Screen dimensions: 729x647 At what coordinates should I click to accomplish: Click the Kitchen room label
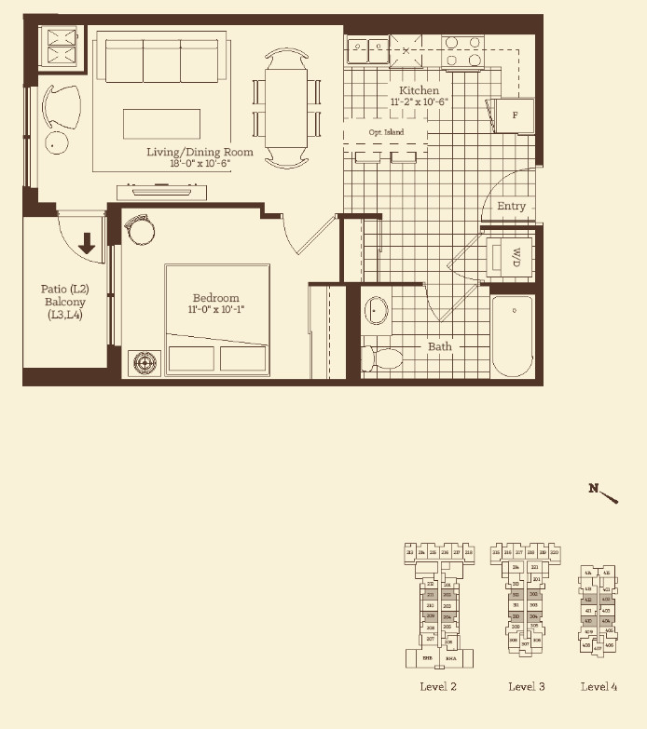tap(419, 91)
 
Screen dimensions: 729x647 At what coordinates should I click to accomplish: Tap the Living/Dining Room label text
tap(200, 152)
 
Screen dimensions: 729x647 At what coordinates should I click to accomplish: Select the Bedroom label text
tap(215, 298)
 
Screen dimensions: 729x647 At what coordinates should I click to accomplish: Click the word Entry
tap(510, 206)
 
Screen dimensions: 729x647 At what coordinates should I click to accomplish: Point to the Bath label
tap(440, 346)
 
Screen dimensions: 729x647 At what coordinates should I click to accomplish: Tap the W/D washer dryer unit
tap(511, 256)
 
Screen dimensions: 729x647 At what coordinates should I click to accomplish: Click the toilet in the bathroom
tap(383, 358)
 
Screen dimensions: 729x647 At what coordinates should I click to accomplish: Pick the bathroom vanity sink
tap(377, 310)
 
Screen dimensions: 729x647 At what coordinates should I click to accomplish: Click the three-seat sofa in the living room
tap(161, 61)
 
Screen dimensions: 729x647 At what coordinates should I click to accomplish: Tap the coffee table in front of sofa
tap(162, 124)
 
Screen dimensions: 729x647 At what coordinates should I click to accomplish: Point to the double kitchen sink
tap(366, 48)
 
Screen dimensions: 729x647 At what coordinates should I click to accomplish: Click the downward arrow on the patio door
tap(87, 244)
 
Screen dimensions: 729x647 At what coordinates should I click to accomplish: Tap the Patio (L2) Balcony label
tap(63, 302)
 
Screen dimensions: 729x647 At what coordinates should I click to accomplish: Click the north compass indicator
tap(604, 493)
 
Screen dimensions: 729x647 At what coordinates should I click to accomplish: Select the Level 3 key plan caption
tap(526, 687)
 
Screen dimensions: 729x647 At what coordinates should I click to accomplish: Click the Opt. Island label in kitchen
tap(385, 133)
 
